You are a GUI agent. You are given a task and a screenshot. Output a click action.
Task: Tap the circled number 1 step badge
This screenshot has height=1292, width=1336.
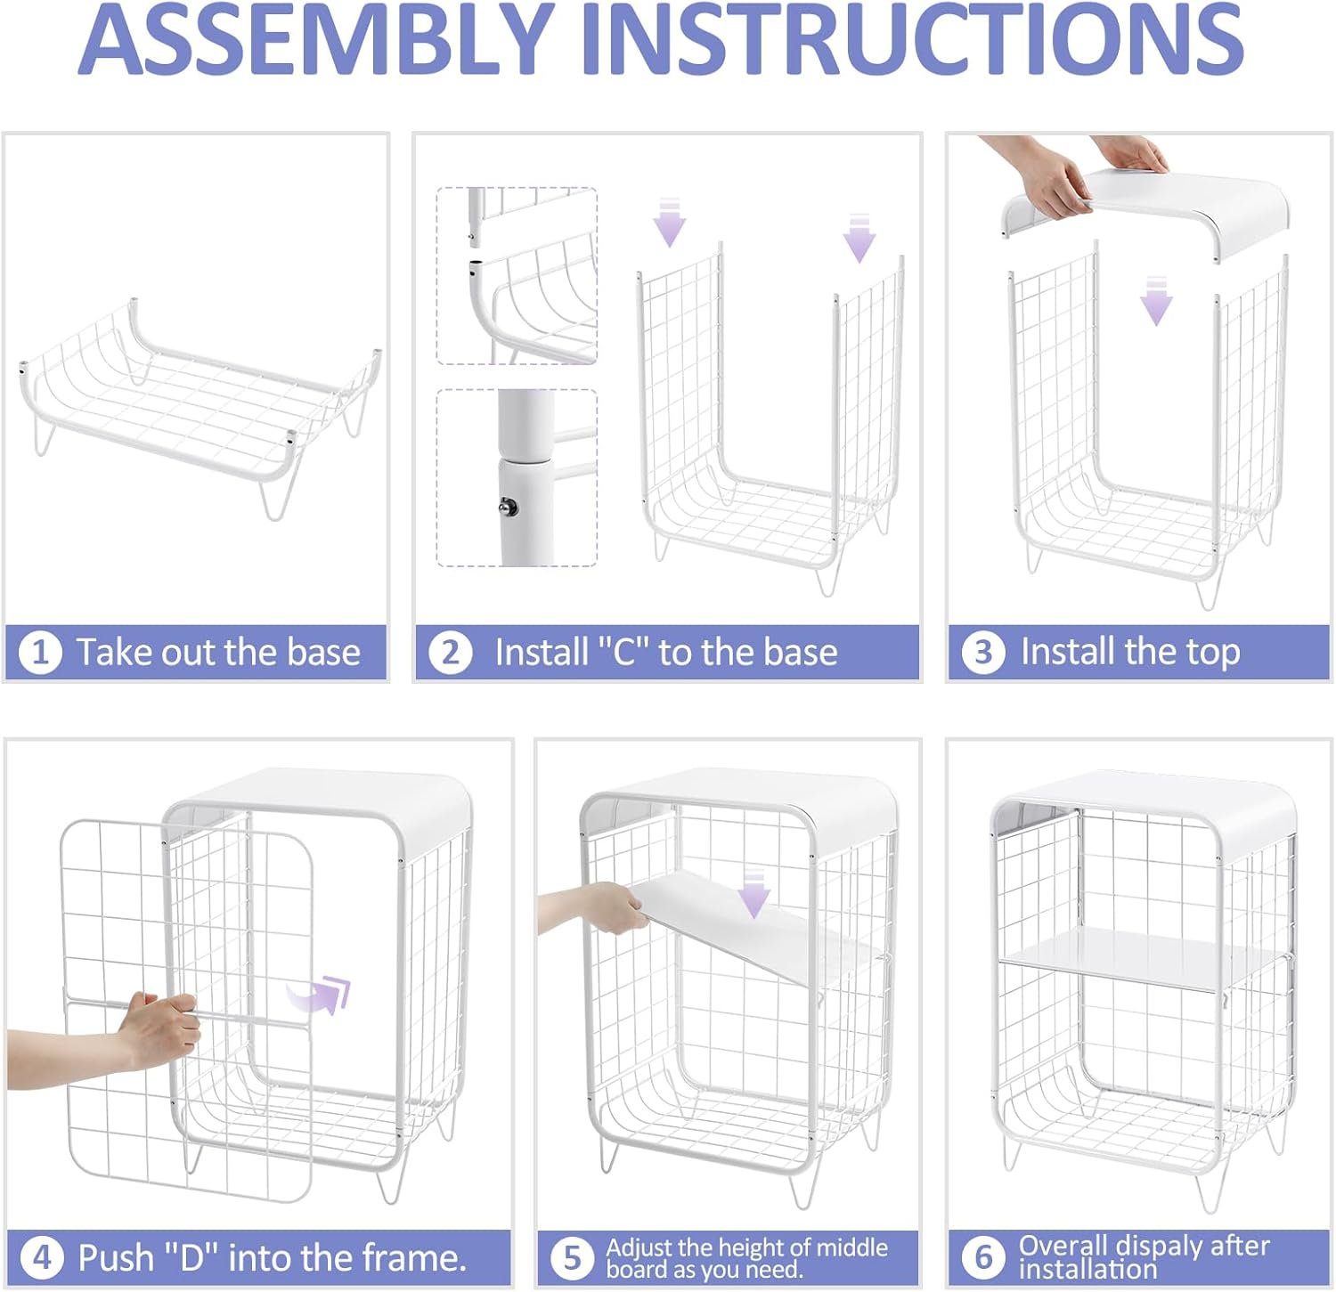40,653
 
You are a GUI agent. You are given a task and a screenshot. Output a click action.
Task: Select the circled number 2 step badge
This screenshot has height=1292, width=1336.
451,653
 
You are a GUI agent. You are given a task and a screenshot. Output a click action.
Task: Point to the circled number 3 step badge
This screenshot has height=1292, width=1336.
983,653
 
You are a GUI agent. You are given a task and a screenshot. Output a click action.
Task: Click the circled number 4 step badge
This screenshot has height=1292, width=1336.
41,1258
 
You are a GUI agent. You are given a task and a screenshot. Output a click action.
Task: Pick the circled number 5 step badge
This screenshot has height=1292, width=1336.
572,1258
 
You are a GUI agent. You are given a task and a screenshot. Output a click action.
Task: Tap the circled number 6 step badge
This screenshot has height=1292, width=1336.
983,1257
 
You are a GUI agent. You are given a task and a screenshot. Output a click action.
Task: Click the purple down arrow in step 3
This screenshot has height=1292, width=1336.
1156,300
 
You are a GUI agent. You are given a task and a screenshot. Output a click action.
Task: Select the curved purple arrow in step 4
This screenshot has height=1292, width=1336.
320,993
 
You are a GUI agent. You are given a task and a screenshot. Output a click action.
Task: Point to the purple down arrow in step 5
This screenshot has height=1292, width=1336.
754,892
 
